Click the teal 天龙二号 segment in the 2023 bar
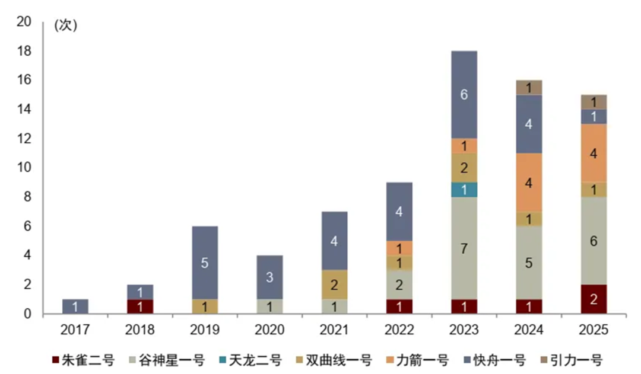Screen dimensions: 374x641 coord(464,190)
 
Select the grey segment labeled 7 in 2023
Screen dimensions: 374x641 coord(464,248)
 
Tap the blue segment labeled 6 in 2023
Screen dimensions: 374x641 coord(464,94)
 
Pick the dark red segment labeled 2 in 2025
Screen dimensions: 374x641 coord(593,299)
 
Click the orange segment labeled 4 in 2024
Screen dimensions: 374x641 coord(528,183)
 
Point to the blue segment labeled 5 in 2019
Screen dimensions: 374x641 coord(204,263)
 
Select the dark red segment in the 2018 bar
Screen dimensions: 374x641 coord(139,306)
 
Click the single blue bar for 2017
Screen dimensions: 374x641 coord(75,306)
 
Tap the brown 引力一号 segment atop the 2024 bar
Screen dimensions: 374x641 coord(528,87)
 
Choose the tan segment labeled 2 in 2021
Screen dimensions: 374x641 coord(334,285)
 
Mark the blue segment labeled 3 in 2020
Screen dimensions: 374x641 coord(269,277)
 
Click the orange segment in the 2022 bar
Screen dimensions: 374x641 coord(399,248)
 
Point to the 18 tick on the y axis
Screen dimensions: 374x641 coord(24,51)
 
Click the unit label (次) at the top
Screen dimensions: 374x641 coord(65,25)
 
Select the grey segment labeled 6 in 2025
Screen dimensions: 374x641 coord(593,241)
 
